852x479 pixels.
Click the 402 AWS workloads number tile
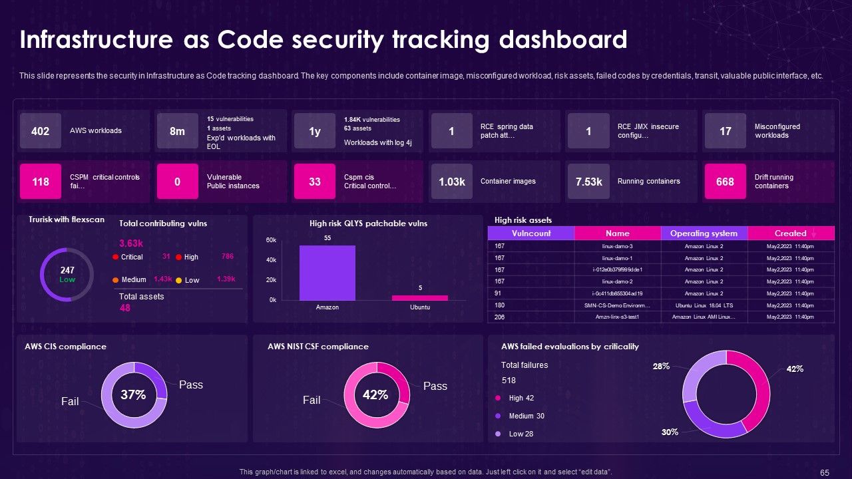click(41, 131)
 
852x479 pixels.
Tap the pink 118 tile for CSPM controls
click(41, 182)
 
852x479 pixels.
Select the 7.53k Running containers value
click(588, 182)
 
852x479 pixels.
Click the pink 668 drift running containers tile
click(725, 182)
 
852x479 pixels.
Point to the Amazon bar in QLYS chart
click(327, 273)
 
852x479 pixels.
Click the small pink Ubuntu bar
click(420, 297)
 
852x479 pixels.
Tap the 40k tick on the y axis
click(272, 260)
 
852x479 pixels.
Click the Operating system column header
click(704, 234)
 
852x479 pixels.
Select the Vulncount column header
click(531, 234)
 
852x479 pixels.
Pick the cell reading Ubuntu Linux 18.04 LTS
click(704, 305)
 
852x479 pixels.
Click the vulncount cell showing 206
click(500, 317)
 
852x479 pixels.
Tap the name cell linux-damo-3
click(617, 246)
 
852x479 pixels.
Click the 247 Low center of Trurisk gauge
click(67, 274)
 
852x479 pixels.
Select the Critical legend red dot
click(116, 257)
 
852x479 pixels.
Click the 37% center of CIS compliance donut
click(133, 395)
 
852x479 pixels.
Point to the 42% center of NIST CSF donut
click(375, 395)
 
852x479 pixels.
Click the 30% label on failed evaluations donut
click(670, 432)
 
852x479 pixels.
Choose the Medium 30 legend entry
click(526, 416)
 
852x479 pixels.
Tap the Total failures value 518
click(509, 381)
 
